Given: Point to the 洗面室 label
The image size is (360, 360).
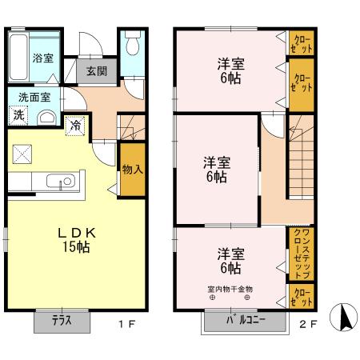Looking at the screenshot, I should coord(34,96).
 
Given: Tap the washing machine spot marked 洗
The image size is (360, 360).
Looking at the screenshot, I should coord(18,115).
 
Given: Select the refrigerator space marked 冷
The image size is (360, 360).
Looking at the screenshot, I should coord(74,124).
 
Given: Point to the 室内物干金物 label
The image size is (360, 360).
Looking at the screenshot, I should coord(230,288).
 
